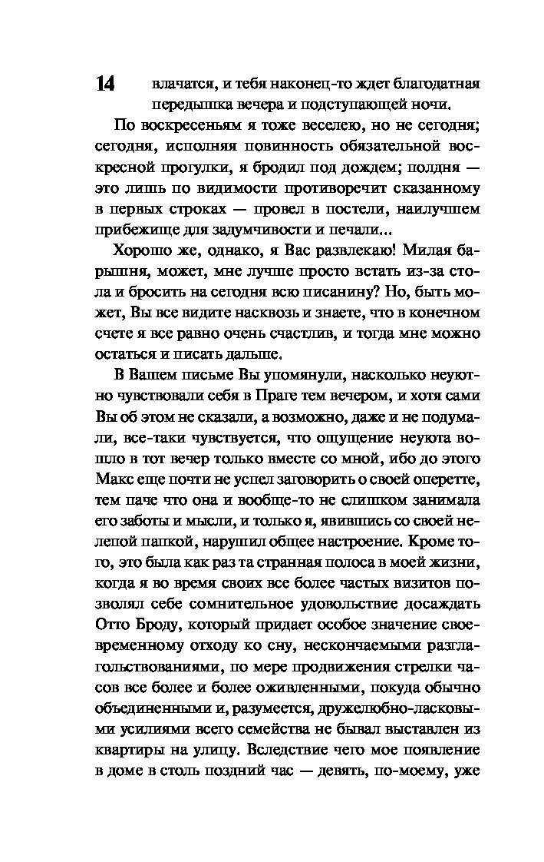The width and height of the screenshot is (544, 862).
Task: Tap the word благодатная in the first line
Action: coord(436,82)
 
